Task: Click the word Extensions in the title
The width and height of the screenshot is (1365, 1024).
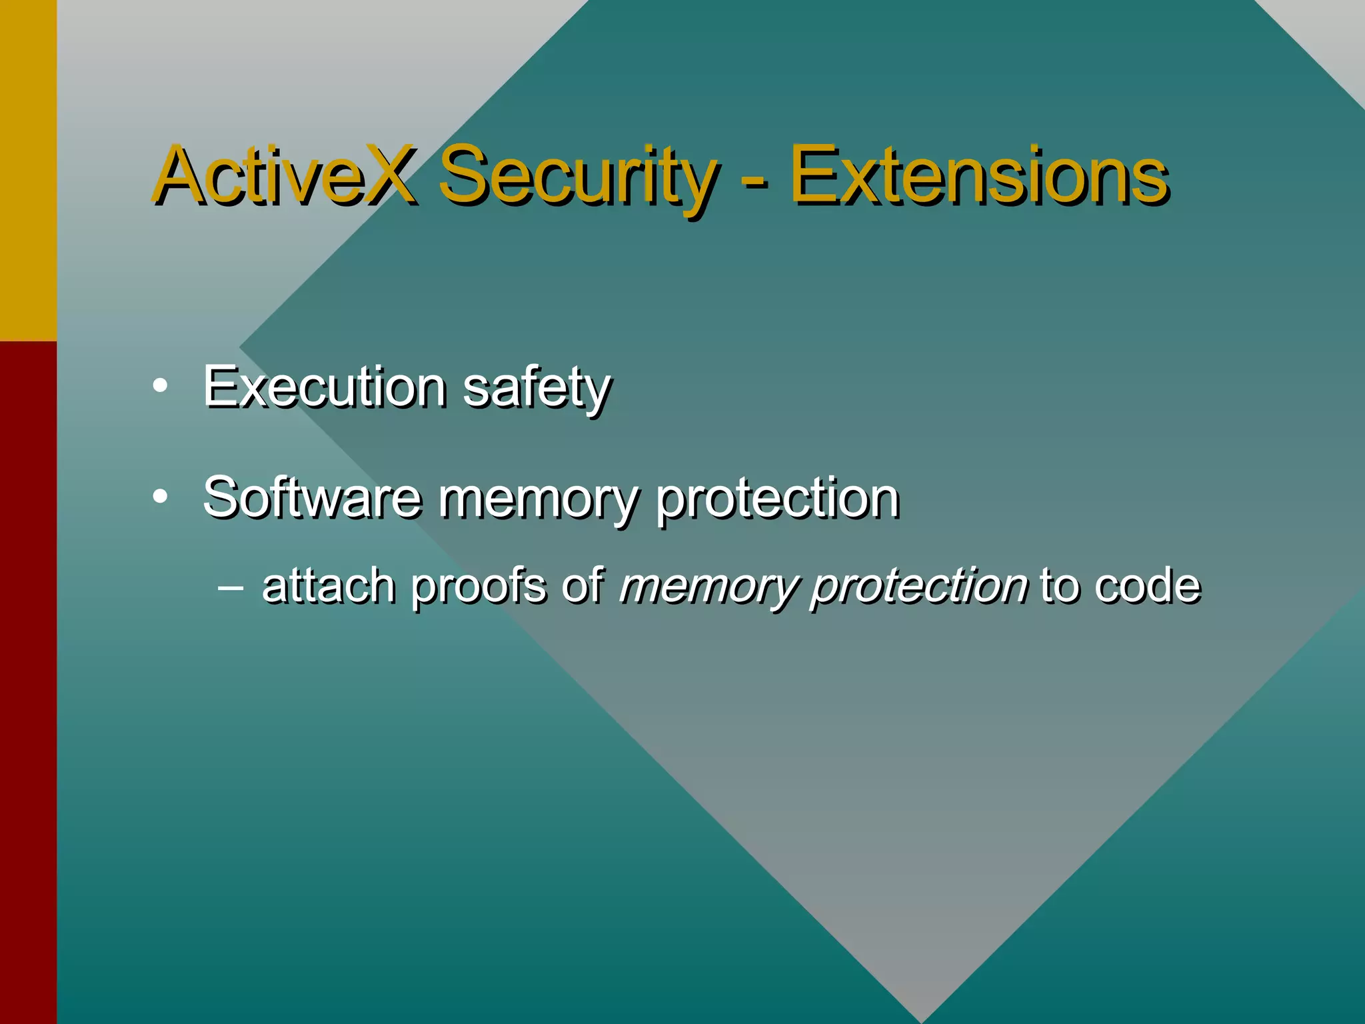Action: point(978,175)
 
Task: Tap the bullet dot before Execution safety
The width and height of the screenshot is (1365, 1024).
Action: point(159,386)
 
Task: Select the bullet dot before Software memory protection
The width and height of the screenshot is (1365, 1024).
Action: point(159,497)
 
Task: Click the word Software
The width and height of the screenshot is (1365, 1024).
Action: point(312,497)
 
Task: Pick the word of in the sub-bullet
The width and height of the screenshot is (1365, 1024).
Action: point(583,585)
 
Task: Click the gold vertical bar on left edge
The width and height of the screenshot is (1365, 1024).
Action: point(28,170)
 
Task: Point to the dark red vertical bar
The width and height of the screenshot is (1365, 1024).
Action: point(28,680)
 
